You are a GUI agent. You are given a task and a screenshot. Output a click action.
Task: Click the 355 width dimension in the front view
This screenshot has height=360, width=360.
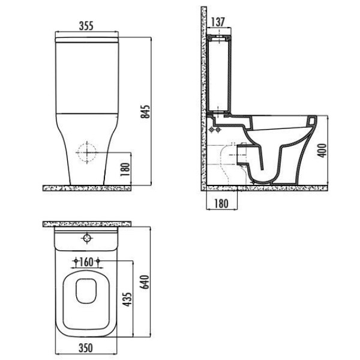tap(86, 26)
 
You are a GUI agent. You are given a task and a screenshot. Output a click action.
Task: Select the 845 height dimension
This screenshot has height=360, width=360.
tap(145, 112)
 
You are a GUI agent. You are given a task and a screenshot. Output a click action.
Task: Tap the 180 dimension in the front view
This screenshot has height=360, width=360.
tap(125, 169)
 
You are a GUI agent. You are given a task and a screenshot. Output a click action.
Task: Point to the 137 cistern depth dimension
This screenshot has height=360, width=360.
tap(218, 22)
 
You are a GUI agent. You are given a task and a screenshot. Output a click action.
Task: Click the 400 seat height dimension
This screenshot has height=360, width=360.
tap(322, 151)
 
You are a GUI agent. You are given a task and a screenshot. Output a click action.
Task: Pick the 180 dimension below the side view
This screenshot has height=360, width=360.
tap(221, 203)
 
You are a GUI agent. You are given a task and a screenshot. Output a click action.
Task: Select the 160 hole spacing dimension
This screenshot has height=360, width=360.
tap(86, 262)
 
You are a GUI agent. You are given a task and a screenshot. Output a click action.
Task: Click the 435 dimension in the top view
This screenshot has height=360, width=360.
tap(127, 299)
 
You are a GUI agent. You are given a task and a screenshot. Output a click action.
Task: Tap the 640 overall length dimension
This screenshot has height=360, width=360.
tap(145, 282)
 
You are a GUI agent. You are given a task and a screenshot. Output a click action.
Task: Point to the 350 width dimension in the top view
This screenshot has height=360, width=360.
tap(86, 348)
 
